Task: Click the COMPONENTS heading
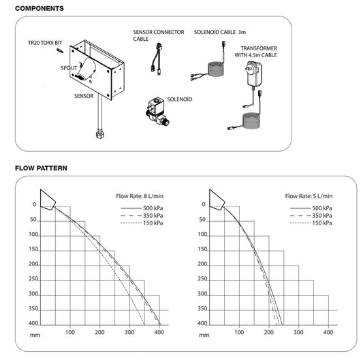(40, 9)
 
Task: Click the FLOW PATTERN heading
(42, 168)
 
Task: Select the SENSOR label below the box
(84, 97)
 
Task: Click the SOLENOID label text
(178, 99)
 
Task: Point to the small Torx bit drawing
(60, 51)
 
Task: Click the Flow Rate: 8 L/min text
(140, 195)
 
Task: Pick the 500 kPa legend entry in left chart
(153, 207)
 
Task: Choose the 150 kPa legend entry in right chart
(322, 223)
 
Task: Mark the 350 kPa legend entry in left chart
(153, 215)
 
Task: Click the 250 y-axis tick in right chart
(202, 279)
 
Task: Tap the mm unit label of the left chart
(34, 334)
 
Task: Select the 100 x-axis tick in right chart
(238, 332)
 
